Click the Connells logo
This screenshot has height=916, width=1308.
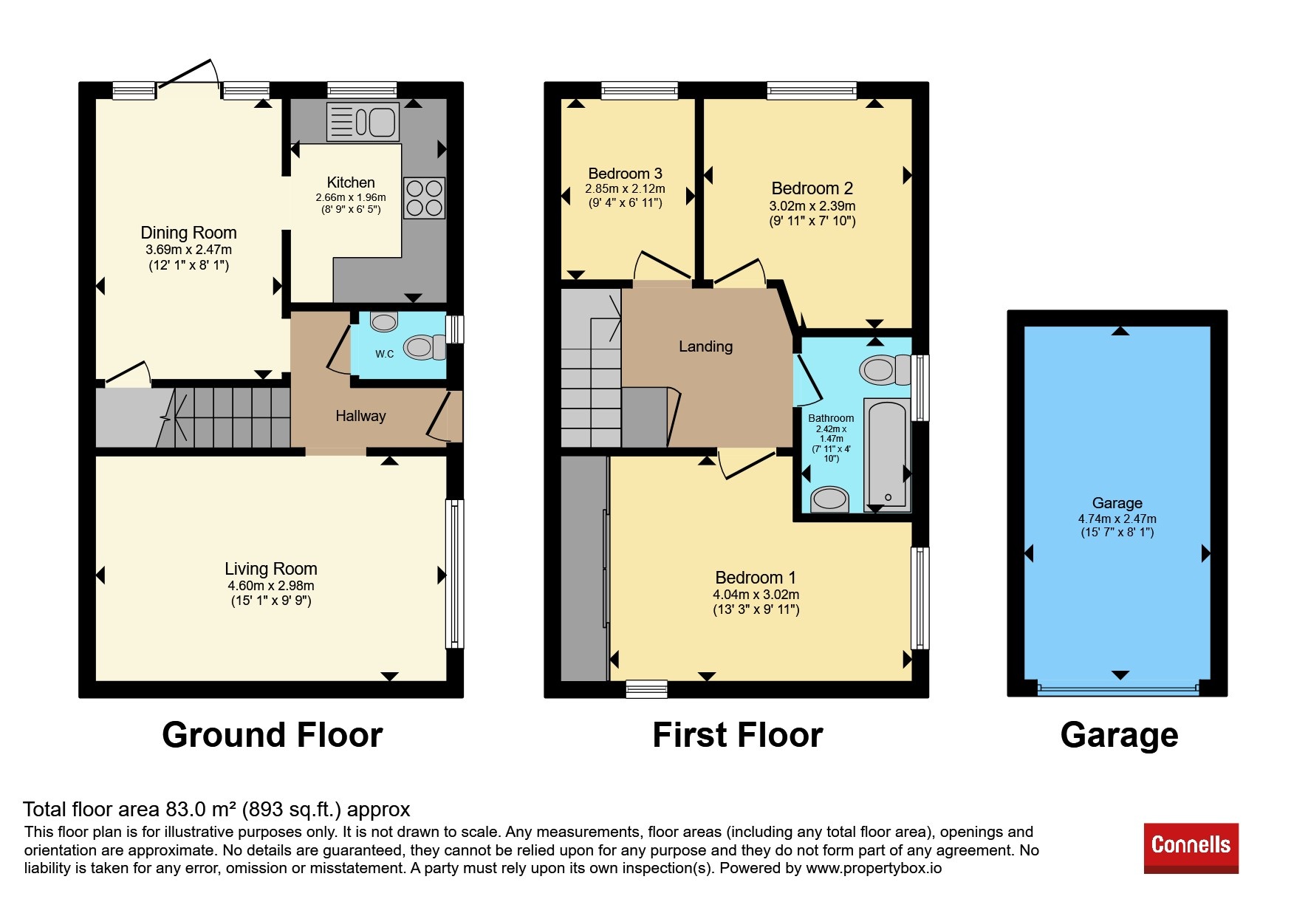(1191, 848)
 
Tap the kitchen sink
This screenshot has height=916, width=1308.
(363, 122)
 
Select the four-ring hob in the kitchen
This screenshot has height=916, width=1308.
(424, 198)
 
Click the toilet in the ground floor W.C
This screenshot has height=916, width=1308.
(425, 347)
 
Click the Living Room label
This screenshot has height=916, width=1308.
(271, 569)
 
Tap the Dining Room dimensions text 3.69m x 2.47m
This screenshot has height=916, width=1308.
(188, 250)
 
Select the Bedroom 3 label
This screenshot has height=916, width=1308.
(625, 174)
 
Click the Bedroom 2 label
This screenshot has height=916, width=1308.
(812, 188)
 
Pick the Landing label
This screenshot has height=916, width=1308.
(706, 346)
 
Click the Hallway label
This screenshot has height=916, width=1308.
(360, 416)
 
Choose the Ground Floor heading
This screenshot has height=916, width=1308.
(273, 735)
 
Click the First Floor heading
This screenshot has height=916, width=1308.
(738, 735)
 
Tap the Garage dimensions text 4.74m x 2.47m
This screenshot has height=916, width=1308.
(1117, 519)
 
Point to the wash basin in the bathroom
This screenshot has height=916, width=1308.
(829, 499)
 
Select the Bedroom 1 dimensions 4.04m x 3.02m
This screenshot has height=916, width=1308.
(756, 595)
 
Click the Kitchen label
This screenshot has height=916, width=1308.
(351, 182)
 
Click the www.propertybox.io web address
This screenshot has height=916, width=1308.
(874, 868)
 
